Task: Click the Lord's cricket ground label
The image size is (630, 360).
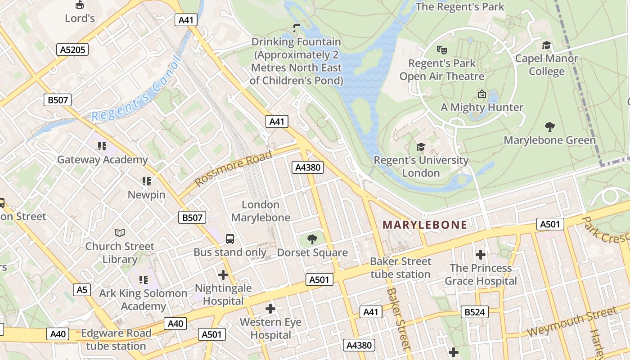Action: click(80, 18)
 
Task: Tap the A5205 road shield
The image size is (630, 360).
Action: click(72, 49)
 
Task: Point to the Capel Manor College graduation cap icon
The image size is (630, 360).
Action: click(546, 45)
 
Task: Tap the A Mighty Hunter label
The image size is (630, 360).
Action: click(481, 107)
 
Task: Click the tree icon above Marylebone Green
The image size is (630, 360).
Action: click(549, 126)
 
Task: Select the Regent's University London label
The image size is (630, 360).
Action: click(421, 166)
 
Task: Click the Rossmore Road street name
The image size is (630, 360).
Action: click(234, 168)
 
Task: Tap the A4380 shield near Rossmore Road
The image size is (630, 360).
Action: click(308, 167)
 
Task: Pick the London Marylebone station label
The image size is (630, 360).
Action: click(261, 211)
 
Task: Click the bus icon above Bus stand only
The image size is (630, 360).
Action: click(229, 238)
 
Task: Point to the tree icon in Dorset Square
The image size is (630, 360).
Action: click(312, 239)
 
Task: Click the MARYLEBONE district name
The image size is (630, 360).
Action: click(425, 225)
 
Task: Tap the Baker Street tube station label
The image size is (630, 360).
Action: click(400, 268)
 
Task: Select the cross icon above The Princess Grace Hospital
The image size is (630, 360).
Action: click(481, 255)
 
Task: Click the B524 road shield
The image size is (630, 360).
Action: click(475, 311)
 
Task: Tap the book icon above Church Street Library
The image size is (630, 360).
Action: click(119, 233)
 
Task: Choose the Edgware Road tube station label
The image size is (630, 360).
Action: click(116, 340)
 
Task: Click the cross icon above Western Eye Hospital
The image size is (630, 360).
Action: click(270, 309)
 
